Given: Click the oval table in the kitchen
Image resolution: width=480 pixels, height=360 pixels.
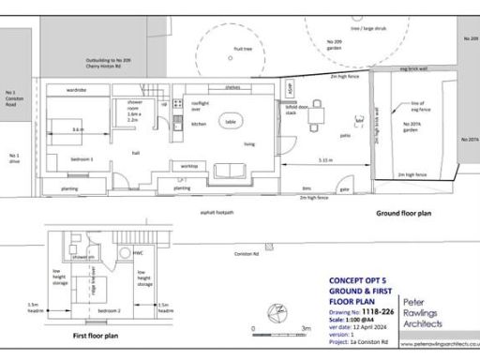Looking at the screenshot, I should click(x=231, y=120).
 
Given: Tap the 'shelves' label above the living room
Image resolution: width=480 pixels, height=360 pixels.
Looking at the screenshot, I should click(x=232, y=87).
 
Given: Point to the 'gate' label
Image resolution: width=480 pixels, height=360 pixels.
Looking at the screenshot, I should click(x=344, y=188).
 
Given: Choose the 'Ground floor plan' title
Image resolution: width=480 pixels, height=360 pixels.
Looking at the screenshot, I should click(x=403, y=214).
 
